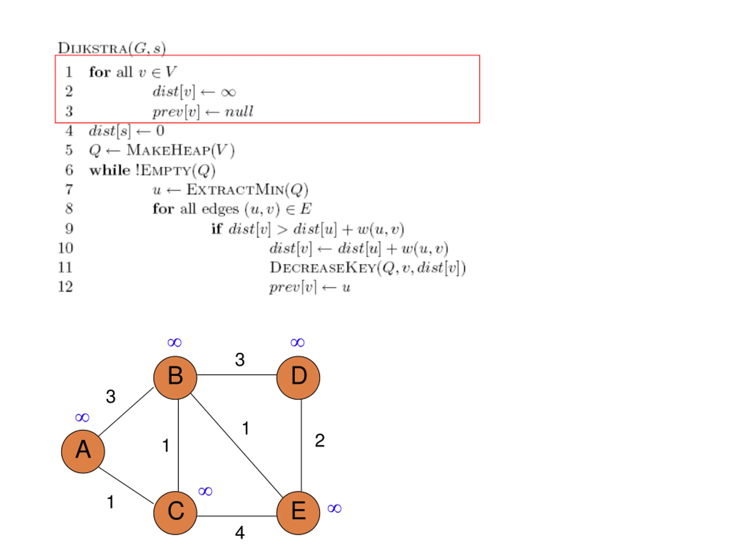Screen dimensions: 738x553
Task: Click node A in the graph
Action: point(83,451)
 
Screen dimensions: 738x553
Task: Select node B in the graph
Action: point(175,378)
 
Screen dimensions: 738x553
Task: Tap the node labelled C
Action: point(175,513)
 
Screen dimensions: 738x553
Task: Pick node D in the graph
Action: point(298,378)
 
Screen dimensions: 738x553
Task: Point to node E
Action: point(298,513)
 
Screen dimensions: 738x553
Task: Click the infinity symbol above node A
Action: point(82,417)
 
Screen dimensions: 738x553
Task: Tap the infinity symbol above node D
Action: point(297,342)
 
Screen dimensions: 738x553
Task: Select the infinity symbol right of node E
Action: point(334,508)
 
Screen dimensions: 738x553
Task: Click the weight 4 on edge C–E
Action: point(240,533)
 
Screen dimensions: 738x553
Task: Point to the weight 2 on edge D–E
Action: point(320,440)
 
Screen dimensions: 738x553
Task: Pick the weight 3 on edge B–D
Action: point(240,360)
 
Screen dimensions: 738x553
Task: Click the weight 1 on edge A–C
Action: point(111,502)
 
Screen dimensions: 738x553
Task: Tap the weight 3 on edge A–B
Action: point(111,397)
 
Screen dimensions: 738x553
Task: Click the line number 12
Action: point(65,287)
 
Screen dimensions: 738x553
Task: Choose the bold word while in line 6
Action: point(110,170)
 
